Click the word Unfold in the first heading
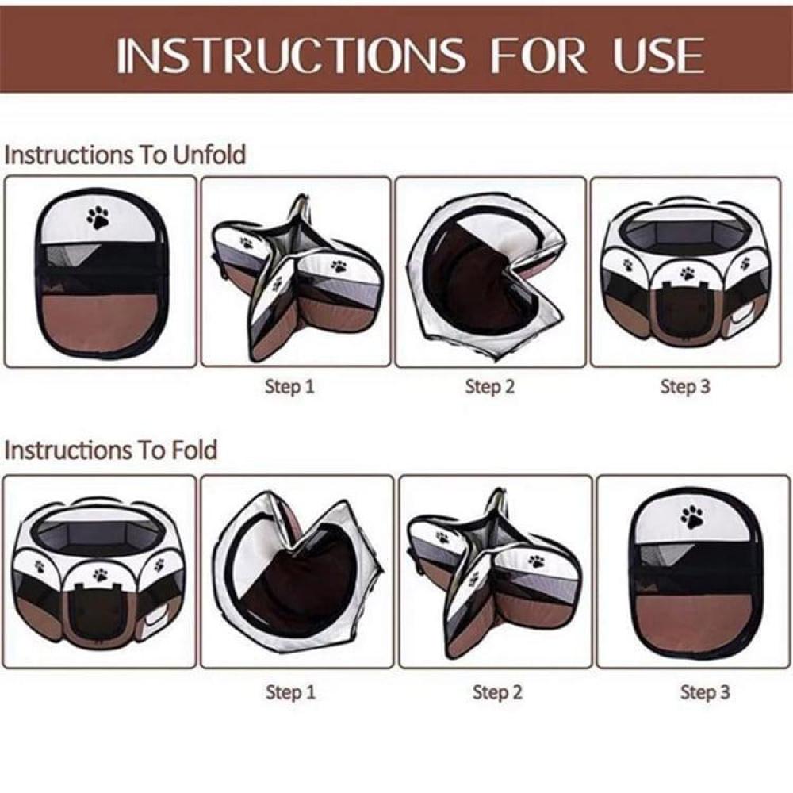point(209,155)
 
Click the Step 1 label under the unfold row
point(289,387)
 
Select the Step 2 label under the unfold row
point(489,387)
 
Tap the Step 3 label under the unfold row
point(685,387)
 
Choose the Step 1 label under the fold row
point(291,691)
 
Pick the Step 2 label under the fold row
point(497,691)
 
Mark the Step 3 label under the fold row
point(705,691)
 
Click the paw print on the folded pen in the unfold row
point(98,217)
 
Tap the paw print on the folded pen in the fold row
point(692,517)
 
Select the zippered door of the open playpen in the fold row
point(96,613)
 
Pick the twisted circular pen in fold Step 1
point(297,576)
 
